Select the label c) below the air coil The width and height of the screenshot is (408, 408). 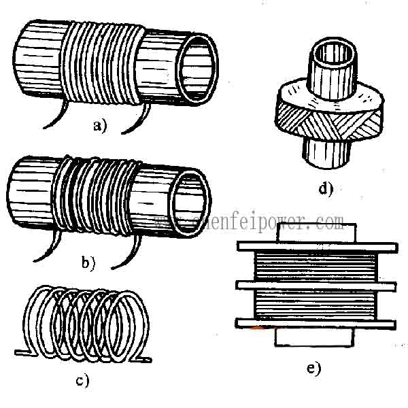[82, 381]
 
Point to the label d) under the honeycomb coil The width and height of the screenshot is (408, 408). [326, 188]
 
